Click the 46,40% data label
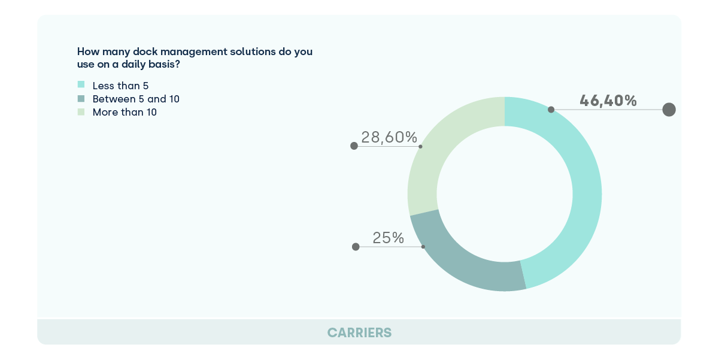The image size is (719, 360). click(608, 101)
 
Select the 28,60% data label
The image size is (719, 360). click(389, 137)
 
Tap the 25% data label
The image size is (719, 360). click(388, 238)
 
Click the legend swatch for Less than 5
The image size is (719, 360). click(81, 85)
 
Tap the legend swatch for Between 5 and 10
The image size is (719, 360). click(81, 98)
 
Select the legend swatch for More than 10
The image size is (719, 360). click(81, 111)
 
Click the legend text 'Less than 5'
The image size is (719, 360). click(120, 86)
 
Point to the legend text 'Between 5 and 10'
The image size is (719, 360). click(136, 99)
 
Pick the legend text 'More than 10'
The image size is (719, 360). click(125, 112)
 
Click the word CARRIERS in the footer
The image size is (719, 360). click(359, 332)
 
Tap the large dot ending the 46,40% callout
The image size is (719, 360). click(669, 110)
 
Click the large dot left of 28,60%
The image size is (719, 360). click(354, 146)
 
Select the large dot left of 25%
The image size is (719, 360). click(356, 246)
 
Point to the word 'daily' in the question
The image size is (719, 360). click(143, 65)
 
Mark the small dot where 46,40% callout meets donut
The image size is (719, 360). click(551, 110)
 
